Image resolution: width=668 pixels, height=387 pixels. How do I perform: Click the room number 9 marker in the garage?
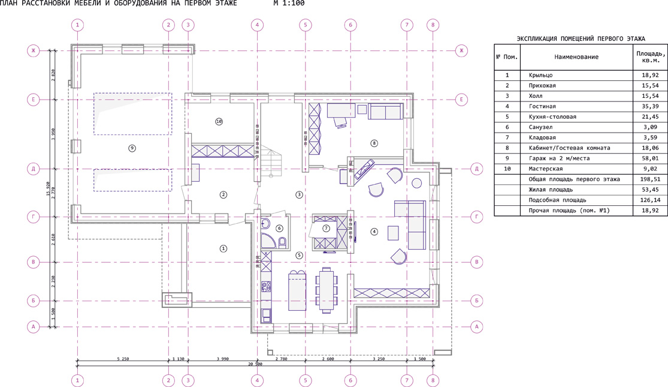[132, 148]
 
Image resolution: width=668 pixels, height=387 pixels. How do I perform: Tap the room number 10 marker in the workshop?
[219, 122]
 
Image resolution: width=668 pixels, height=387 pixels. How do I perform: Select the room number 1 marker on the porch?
[223, 248]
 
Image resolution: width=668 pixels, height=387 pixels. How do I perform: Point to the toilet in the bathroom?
[282, 243]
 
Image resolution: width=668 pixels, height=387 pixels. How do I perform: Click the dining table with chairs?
[327, 290]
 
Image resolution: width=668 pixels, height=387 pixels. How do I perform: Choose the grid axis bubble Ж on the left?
[33, 51]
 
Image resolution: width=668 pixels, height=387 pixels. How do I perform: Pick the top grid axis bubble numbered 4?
[257, 25]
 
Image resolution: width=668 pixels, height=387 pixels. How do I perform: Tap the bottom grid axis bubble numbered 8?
[433, 380]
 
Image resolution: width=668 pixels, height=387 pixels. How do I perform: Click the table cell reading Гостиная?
[542, 106]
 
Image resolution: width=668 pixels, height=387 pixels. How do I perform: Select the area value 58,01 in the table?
[650, 158]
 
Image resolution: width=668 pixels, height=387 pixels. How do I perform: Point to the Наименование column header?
[576, 57]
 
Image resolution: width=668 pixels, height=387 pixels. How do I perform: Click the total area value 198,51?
[650, 179]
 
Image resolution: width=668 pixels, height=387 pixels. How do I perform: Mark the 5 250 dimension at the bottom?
[123, 359]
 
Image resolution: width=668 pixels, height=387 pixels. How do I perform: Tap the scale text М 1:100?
[289, 4]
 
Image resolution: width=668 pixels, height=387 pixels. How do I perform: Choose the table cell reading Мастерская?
[546, 169]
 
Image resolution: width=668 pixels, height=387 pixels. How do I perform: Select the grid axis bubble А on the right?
[477, 327]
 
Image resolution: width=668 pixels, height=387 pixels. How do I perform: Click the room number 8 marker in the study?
[374, 143]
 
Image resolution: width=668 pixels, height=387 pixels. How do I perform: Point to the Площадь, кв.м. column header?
[651, 57]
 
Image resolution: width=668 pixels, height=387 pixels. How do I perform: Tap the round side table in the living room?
[417, 184]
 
